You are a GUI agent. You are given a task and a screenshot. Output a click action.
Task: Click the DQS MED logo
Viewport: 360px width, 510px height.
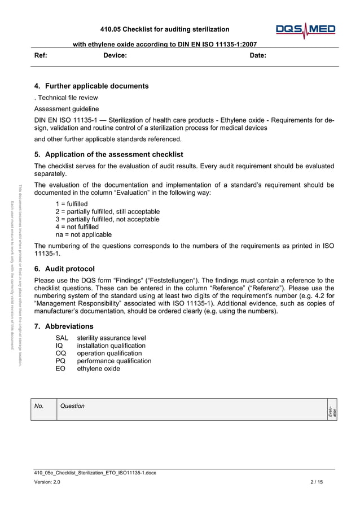[305, 30]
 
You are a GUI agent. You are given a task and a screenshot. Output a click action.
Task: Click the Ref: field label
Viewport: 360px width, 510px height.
[41, 55]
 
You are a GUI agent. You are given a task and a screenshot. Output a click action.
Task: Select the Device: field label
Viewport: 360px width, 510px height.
[115, 55]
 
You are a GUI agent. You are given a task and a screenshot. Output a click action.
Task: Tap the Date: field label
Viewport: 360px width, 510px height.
[258, 55]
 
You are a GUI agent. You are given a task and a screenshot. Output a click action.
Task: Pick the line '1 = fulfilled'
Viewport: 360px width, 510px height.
[72, 203]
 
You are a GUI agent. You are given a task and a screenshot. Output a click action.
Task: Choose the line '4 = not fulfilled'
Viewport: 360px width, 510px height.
[77, 226]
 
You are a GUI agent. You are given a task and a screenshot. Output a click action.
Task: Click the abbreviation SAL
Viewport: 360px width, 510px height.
[62, 338]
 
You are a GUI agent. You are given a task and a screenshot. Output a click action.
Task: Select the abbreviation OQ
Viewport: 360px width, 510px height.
[61, 353]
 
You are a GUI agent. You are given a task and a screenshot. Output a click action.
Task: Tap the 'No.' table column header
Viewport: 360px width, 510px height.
[39, 406]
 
